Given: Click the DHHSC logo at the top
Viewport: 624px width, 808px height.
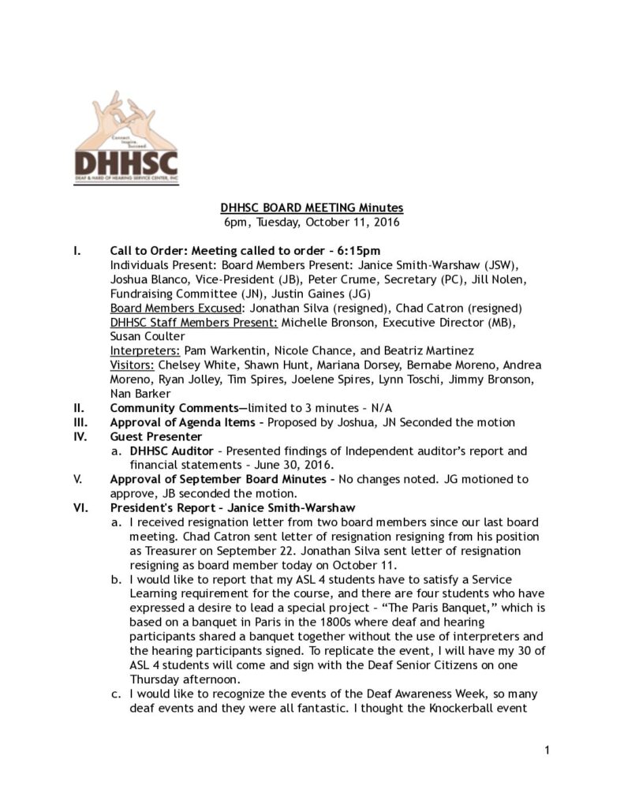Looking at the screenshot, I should click(126, 137).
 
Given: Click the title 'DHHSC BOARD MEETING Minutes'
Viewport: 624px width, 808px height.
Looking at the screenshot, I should click(312, 208).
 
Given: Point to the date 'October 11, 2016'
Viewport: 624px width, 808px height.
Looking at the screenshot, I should click(356, 222).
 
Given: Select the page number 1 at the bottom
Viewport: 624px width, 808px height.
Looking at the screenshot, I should click(546, 750).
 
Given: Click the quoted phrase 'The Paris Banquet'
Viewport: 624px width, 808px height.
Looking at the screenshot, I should click(414, 608).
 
